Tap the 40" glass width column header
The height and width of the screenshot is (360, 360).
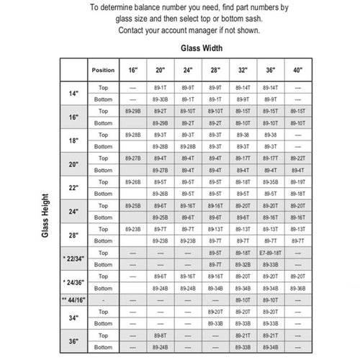pyautogui.click(x=297, y=71)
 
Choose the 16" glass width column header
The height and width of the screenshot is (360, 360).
pyautogui.click(x=133, y=71)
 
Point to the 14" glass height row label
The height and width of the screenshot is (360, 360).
pyautogui.click(x=73, y=93)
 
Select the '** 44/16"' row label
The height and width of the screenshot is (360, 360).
pyautogui.click(x=73, y=299)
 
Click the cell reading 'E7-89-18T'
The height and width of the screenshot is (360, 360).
pyautogui.click(x=271, y=253)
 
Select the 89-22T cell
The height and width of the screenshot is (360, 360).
pyautogui.click(x=297, y=158)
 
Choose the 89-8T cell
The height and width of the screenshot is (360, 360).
pyautogui.click(x=161, y=336)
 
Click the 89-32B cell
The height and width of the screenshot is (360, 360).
pyautogui.click(x=243, y=265)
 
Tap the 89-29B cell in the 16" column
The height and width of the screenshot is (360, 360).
pyautogui.click(x=133, y=112)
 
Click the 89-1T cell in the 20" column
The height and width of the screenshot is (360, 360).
pyautogui.click(x=161, y=87)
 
